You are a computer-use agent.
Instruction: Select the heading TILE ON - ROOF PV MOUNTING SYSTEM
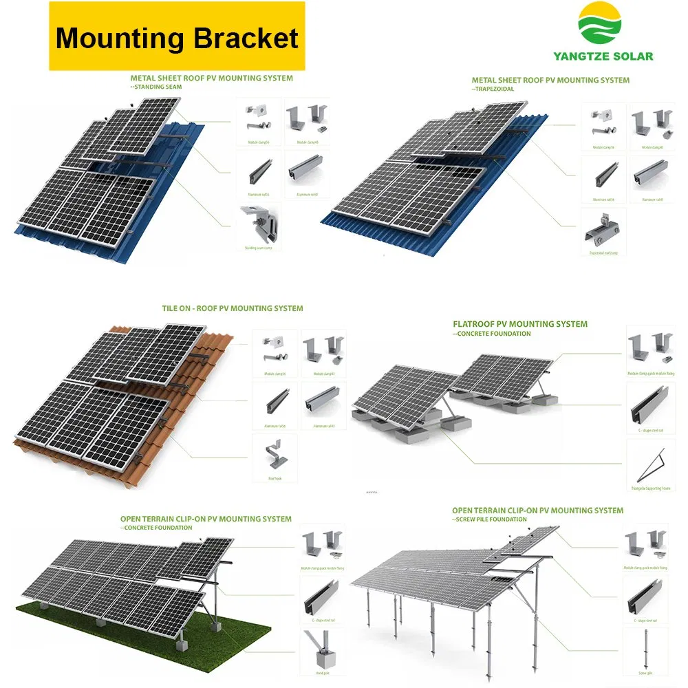click(x=233, y=308)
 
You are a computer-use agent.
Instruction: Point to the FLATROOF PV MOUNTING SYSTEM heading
click(x=520, y=323)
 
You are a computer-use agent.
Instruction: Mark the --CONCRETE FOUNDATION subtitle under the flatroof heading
click(x=493, y=334)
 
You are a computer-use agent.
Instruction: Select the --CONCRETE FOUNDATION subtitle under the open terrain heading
click(x=160, y=528)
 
